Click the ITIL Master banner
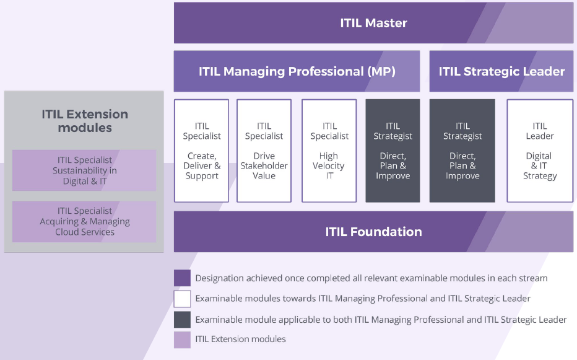click(373, 23)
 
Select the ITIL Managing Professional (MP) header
click(297, 71)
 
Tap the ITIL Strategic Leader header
click(501, 71)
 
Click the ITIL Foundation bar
click(373, 231)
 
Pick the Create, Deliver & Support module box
click(202, 151)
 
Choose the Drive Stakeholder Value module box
click(264, 151)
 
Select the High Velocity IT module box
click(329, 151)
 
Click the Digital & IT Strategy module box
click(540, 151)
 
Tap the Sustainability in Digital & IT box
click(84, 170)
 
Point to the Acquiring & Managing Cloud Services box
click(84, 221)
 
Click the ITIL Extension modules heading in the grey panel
click(85, 121)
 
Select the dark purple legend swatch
click(182, 278)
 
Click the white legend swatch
click(182, 299)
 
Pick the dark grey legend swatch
click(182, 320)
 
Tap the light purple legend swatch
click(182, 340)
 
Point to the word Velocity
click(329, 166)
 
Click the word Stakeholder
click(264, 166)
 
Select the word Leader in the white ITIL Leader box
click(540, 136)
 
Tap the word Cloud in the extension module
click(67, 232)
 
